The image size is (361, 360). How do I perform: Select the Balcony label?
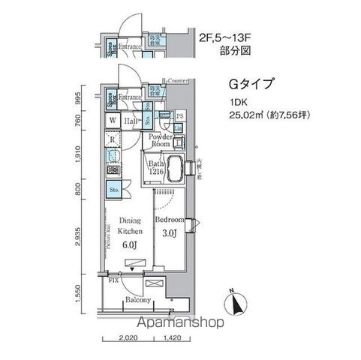click(140, 301)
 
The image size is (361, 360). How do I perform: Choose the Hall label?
click(130, 120)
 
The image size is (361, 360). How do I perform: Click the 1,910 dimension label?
click(87, 152)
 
